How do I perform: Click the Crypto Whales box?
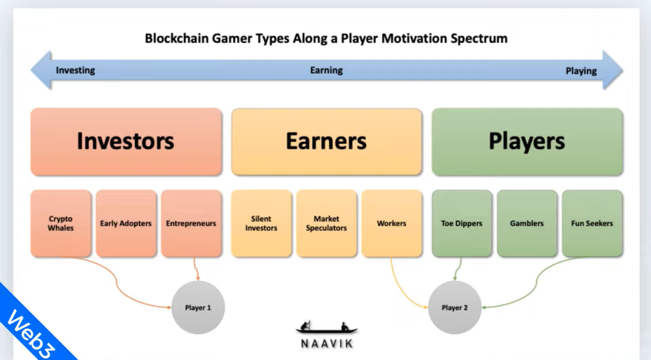pyautogui.click(x=61, y=223)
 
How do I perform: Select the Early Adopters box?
pyautogui.click(x=126, y=223)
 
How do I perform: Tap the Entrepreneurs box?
pyautogui.click(x=191, y=223)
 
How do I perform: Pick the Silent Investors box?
pyautogui.click(x=261, y=223)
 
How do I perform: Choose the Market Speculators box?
pyautogui.click(x=326, y=223)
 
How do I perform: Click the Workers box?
pyautogui.click(x=392, y=223)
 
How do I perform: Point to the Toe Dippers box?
pyautogui.click(x=462, y=223)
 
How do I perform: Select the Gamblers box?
pyautogui.click(x=527, y=223)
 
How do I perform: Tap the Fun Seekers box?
pyautogui.click(x=592, y=223)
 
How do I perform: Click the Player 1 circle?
pyautogui.click(x=198, y=307)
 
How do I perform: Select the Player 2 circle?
pyautogui.click(x=454, y=307)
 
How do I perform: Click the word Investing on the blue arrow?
pyautogui.click(x=75, y=71)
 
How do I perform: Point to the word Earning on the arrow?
pyautogui.click(x=326, y=71)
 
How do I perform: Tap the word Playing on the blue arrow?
pyautogui.click(x=581, y=71)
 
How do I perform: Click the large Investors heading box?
pyautogui.click(x=126, y=142)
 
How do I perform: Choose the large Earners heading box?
pyautogui.click(x=327, y=142)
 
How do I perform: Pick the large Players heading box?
pyautogui.click(x=527, y=142)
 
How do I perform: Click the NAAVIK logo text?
pyautogui.click(x=327, y=344)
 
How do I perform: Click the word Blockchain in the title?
pyautogui.click(x=177, y=38)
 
